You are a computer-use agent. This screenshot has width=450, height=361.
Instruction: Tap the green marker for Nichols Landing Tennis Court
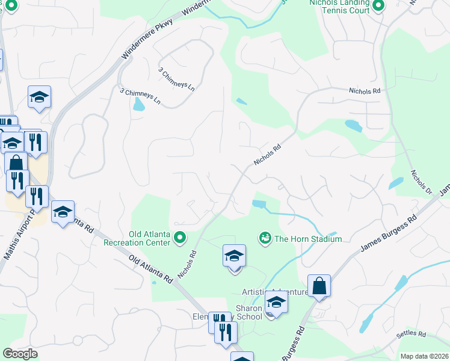(x=378, y=7)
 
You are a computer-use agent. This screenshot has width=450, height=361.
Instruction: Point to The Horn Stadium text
(x=308, y=239)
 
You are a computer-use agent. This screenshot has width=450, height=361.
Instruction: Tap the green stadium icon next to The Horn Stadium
(x=264, y=239)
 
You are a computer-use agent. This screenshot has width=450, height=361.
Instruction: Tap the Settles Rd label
(x=411, y=334)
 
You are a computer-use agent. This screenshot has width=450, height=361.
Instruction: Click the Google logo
(x=20, y=354)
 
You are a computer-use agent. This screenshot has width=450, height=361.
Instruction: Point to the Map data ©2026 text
(x=423, y=356)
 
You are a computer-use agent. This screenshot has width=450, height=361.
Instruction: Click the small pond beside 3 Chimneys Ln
(x=139, y=105)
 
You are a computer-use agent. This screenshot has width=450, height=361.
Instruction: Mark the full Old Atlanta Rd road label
(x=150, y=268)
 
